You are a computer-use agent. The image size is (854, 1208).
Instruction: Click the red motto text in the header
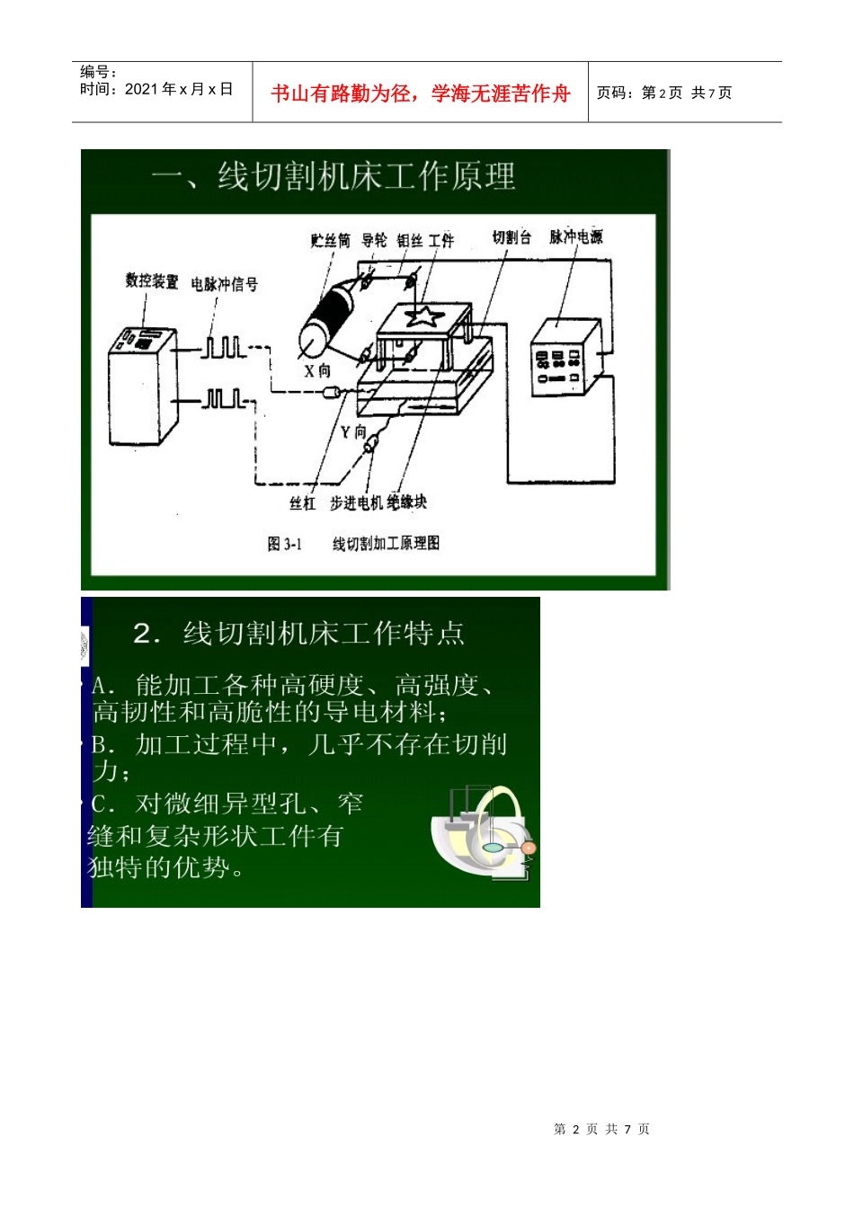click(420, 93)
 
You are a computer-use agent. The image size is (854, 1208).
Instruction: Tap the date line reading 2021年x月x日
click(156, 89)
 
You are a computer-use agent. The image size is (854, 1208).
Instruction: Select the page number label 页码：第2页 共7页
click(664, 93)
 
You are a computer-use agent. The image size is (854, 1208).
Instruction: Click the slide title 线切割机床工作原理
click(367, 176)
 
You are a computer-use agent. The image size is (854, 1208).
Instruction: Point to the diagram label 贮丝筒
click(330, 240)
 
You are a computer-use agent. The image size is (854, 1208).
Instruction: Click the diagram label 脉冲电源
click(576, 236)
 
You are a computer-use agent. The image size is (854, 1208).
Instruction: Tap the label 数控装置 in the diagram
click(152, 281)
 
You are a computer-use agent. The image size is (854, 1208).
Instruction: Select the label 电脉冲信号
click(225, 284)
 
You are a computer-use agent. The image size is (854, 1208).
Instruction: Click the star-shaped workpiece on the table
click(423, 315)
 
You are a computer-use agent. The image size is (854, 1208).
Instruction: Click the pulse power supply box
click(563, 357)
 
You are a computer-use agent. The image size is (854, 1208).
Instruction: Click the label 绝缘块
click(406, 502)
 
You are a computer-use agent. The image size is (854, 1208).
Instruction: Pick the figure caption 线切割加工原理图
click(386, 543)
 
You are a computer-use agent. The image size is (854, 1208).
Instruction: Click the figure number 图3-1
click(284, 544)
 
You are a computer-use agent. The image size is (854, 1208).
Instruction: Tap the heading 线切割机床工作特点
click(324, 634)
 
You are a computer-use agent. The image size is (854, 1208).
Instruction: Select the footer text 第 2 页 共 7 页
click(601, 1129)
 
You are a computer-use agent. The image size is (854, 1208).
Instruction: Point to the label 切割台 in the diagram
click(512, 237)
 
